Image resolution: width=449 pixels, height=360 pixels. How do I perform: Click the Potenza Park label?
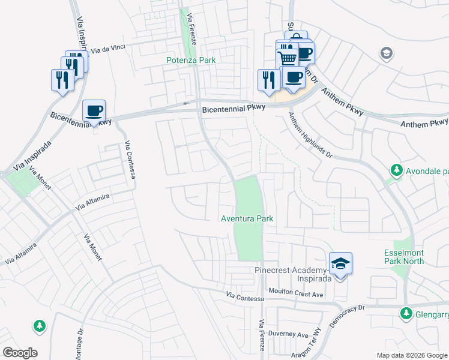click(x=191, y=60)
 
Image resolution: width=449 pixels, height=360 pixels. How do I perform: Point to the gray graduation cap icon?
click(x=387, y=54)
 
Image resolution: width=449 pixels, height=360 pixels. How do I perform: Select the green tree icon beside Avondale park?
click(x=396, y=170)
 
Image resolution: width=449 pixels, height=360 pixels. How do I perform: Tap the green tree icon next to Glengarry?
click(x=405, y=313)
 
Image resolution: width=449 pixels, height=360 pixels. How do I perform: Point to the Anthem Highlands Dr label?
click(x=310, y=136)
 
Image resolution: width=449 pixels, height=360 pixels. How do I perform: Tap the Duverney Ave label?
click(x=288, y=334)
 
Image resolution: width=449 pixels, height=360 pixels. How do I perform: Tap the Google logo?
click(x=20, y=353)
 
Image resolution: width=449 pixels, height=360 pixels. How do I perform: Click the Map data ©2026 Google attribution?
click(x=411, y=355)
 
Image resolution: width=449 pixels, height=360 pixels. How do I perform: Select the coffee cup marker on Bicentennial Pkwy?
click(x=94, y=111)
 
